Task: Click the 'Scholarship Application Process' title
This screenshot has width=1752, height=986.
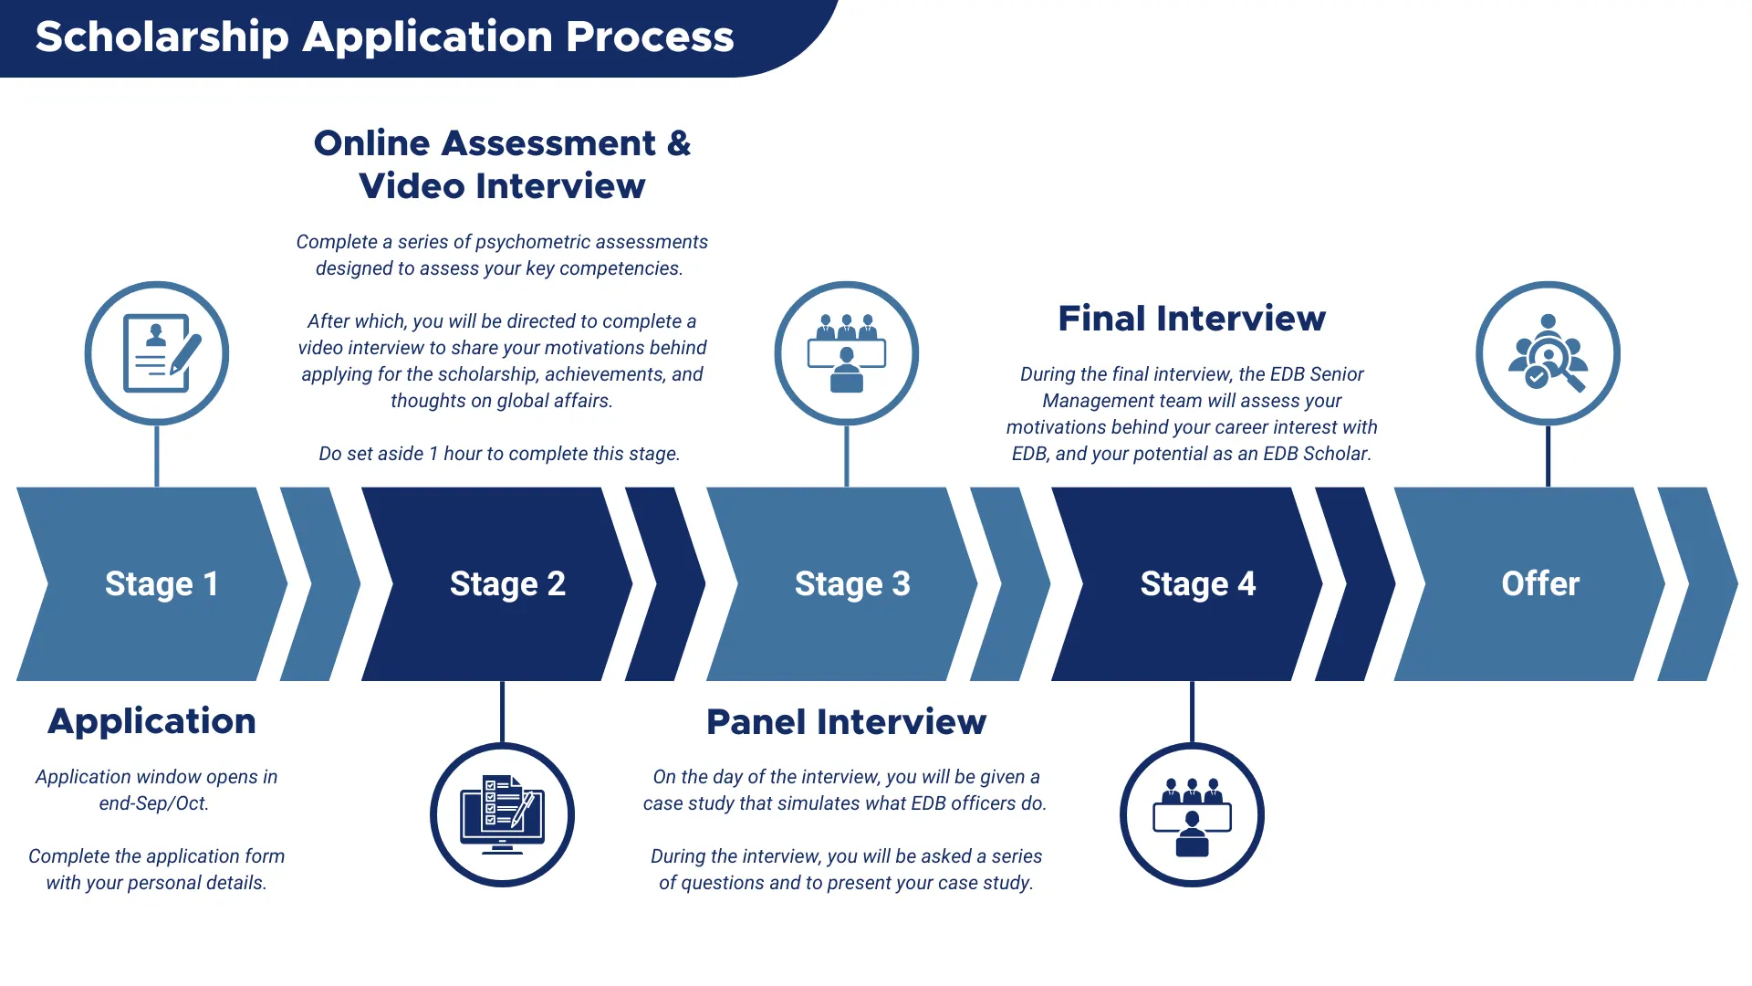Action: (x=384, y=37)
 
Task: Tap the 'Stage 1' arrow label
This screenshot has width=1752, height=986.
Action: (x=162, y=584)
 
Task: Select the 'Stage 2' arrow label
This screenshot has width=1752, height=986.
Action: (x=507, y=584)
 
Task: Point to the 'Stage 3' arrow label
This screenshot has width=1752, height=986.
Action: (x=852, y=584)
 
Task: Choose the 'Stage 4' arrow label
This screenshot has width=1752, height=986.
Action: (x=1197, y=584)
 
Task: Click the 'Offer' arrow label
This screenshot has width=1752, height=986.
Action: (x=1540, y=584)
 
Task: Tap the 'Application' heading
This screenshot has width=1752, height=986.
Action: (x=151, y=721)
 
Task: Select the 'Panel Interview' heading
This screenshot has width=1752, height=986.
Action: (x=846, y=722)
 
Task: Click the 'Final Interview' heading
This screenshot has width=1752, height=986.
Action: (x=1192, y=319)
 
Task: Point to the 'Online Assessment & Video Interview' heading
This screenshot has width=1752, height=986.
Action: (x=502, y=164)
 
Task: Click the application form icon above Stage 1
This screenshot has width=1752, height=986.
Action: (x=157, y=353)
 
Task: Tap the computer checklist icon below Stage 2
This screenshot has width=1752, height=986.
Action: (x=502, y=814)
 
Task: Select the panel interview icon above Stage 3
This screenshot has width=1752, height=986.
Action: (x=847, y=353)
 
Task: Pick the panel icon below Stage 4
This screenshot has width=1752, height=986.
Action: (x=1192, y=814)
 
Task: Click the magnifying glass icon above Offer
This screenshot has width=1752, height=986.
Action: (x=1549, y=353)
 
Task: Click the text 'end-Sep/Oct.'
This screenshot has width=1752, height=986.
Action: (x=154, y=803)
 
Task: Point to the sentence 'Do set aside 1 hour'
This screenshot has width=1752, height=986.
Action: (x=499, y=454)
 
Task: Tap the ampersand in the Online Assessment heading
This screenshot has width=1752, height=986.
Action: (x=678, y=143)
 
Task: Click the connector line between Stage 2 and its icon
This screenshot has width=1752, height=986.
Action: (x=502, y=712)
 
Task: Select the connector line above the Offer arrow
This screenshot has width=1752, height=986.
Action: (x=1549, y=456)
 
